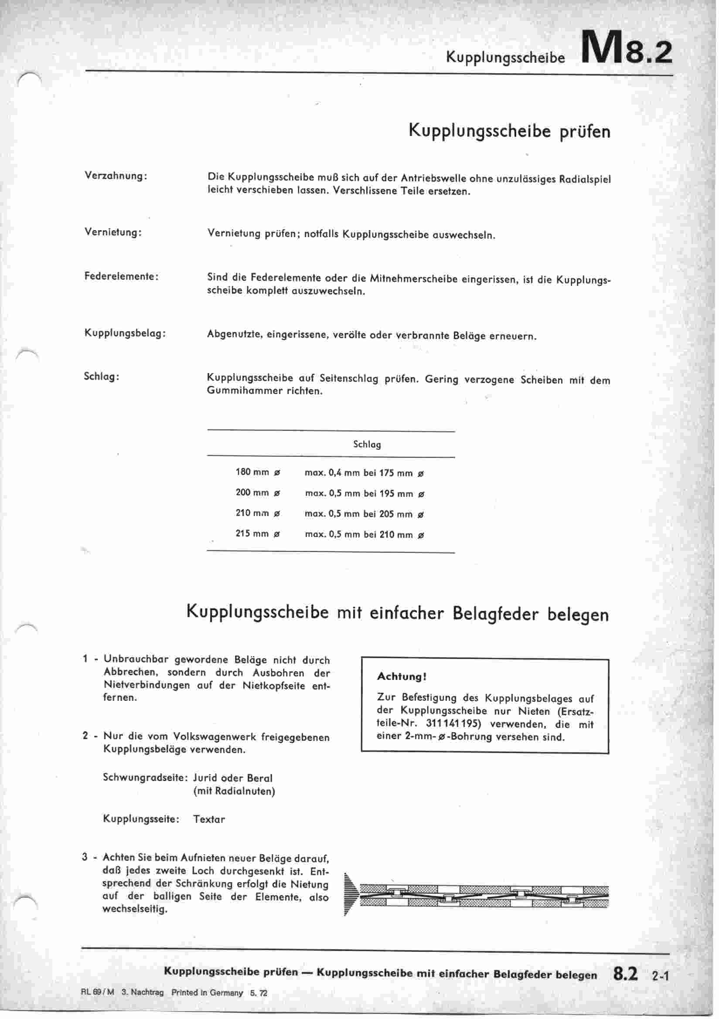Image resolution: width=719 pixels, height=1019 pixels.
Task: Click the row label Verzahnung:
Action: point(116,176)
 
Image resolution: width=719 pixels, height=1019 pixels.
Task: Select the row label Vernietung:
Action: point(113,232)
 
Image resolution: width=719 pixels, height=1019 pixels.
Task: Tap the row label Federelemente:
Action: point(121,276)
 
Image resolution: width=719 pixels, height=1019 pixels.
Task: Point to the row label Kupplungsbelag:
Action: point(125,333)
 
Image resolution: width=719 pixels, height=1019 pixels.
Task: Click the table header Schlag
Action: point(367,444)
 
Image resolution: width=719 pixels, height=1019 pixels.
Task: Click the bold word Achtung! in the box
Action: point(402,677)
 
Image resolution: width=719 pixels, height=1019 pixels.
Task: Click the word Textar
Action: point(209,819)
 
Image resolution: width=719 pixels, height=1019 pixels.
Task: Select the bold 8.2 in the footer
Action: point(625,974)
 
